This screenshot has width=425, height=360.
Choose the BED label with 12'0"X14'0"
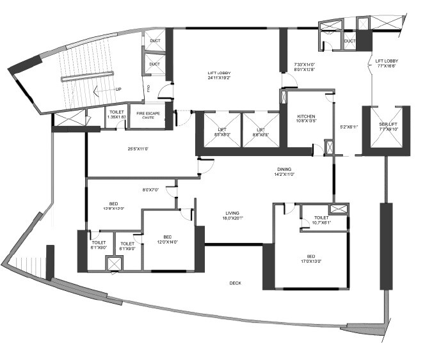pos(166,236)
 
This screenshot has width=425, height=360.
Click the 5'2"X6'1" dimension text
pos(348,127)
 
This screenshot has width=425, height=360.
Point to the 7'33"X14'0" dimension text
pos(305,65)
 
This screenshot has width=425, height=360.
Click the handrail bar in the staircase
pos(88,79)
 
